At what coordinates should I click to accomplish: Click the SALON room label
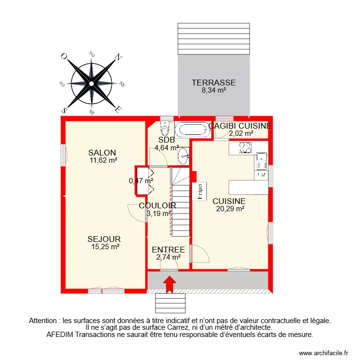click(102, 153)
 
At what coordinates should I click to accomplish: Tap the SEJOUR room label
click(104, 239)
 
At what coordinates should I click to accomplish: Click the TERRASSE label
click(214, 82)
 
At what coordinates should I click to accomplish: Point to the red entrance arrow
click(169, 283)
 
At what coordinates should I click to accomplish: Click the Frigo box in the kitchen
click(199, 191)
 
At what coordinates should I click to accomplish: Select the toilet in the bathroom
click(165, 128)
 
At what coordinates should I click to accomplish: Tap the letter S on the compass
click(64, 110)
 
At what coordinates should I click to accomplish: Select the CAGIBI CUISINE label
click(240, 126)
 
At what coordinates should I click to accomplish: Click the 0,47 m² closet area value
click(141, 181)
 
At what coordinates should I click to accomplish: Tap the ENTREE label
click(168, 250)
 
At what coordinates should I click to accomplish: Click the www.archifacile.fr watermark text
click(323, 353)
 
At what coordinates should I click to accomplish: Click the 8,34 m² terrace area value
click(214, 89)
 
